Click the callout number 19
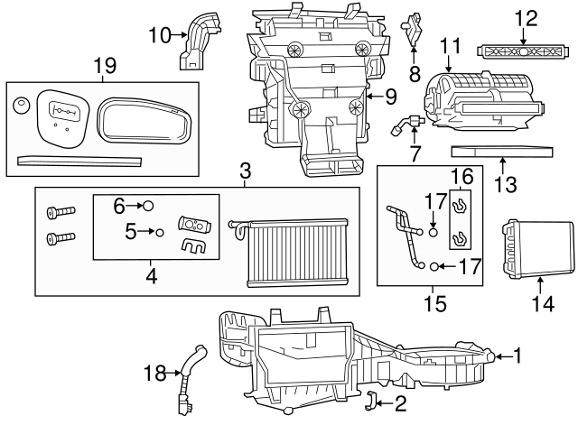pyautogui.click(x=105, y=64)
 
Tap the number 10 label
pyautogui.click(x=160, y=35)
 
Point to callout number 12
pyautogui.click(x=526, y=17)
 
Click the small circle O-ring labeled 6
pyautogui.click(x=149, y=207)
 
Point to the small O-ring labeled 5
pyautogui.click(x=159, y=232)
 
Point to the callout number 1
pyautogui.click(x=517, y=356)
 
